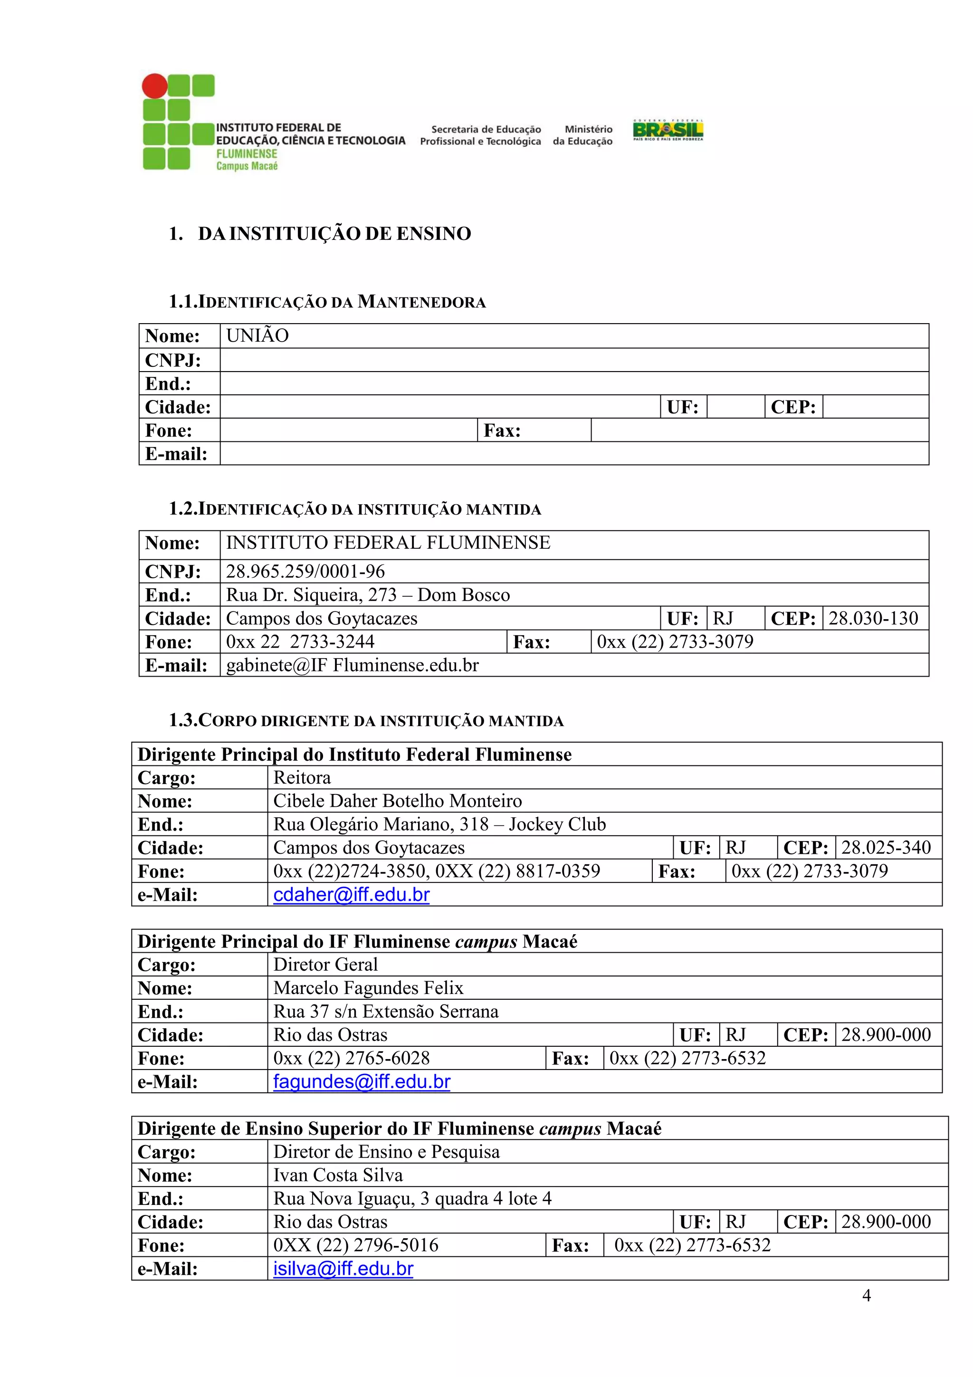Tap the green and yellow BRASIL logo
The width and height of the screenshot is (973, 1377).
tap(668, 130)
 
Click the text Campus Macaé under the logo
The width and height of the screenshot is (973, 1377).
tap(247, 166)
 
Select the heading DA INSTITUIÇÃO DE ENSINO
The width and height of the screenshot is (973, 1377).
tap(334, 233)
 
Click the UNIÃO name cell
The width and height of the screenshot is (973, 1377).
tap(257, 335)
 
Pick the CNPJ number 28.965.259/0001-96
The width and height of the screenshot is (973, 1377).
tap(305, 571)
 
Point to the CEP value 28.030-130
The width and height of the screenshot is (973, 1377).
tap(873, 618)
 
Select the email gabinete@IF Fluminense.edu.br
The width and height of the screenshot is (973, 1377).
tap(352, 665)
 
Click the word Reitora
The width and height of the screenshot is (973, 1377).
tap(302, 777)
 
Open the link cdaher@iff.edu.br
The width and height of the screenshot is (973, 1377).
tap(351, 894)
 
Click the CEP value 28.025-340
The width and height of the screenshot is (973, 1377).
tap(886, 847)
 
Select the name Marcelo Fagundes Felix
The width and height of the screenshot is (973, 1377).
tap(368, 988)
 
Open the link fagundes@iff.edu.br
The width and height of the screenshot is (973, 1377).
tap(362, 1081)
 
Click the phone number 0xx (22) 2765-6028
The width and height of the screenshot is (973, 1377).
tap(351, 1058)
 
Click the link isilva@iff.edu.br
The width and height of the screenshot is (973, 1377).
tap(343, 1269)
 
